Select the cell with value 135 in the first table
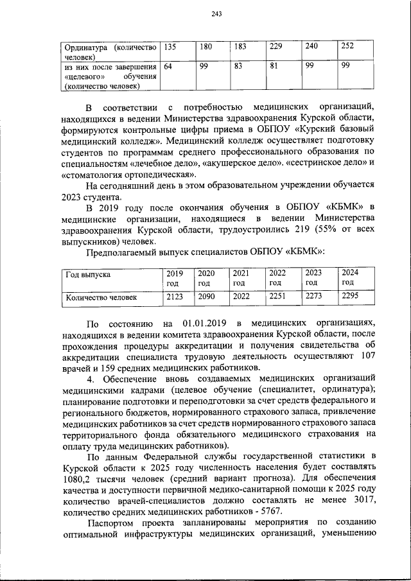coord(170,48)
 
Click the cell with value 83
coord(240,67)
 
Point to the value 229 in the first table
coord(275,48)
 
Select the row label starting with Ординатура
coord(110,52)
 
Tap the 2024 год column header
coord(350,277)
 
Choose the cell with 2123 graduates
coord(175,297)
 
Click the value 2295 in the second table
coord(351,297)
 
